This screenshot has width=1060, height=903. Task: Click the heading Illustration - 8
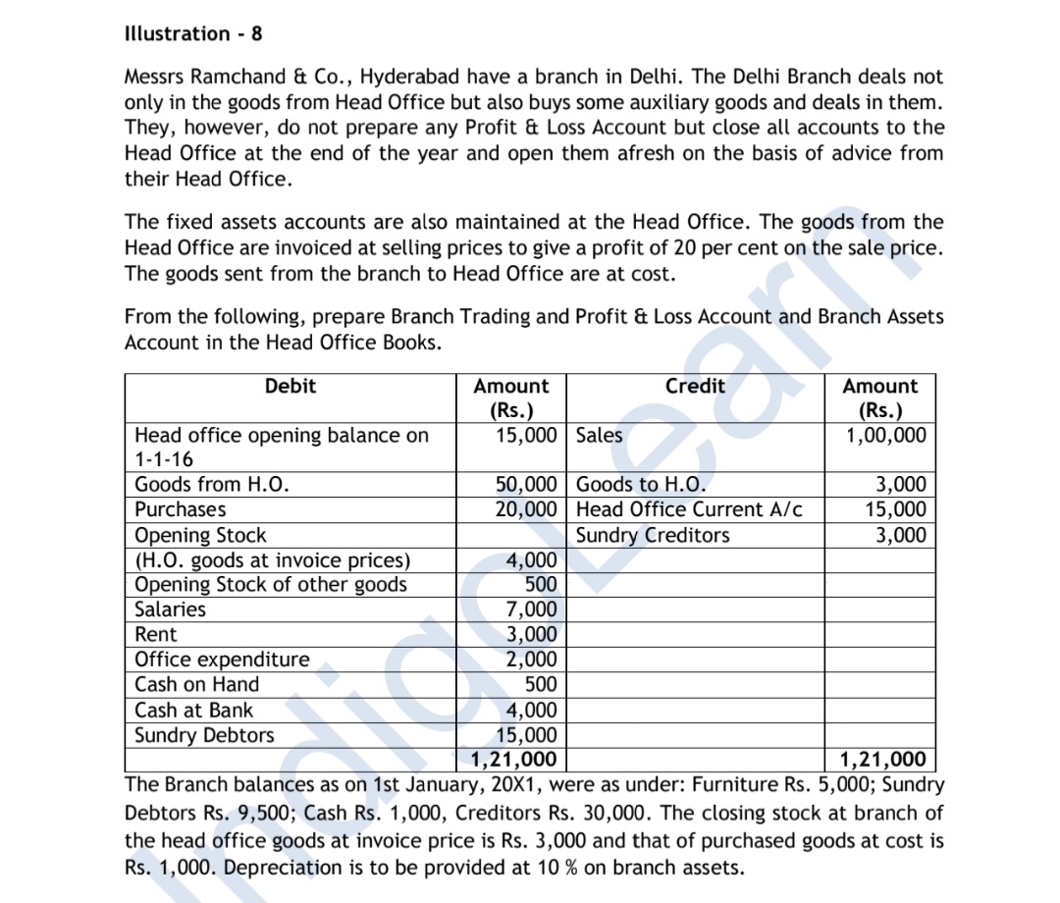coord(193,33)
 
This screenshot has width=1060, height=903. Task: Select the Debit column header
coord(291,386)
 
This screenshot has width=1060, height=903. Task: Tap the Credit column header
coord(695,386)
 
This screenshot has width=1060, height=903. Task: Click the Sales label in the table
coord(599,435)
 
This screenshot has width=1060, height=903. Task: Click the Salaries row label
coord(170,610)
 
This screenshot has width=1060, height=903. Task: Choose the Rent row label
coord(155,634)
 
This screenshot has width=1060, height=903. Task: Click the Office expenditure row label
coord(221,660)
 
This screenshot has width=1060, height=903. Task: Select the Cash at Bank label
coord(193,710)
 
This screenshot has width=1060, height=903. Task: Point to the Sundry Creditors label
coord(653,535)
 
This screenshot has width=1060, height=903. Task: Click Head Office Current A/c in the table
coord(689,509)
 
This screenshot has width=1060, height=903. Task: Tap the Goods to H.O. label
coord(641,484)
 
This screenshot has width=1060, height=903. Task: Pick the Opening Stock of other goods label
coord(270,584)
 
